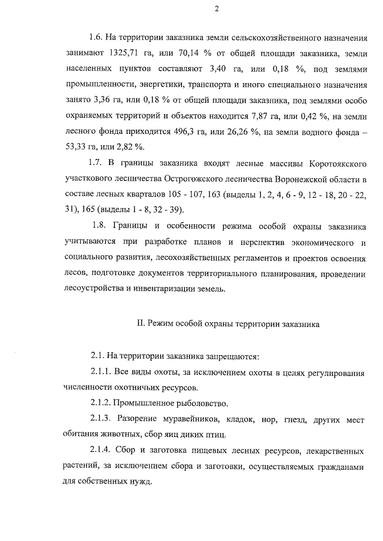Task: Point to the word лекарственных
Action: [335, 450]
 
